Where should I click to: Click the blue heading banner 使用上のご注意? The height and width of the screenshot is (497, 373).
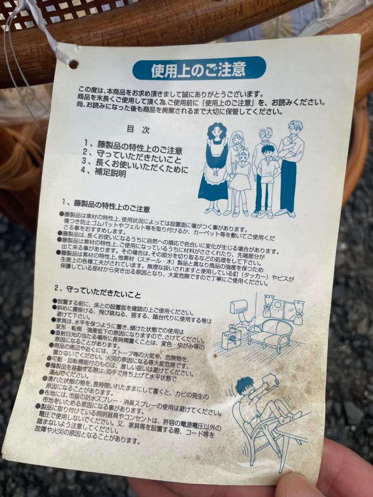pos(199,69)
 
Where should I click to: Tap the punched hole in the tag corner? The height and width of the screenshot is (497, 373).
pos(74,64)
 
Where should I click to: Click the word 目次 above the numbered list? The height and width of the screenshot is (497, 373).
pos(138,130)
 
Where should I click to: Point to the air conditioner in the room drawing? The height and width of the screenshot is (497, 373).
pos(239,306)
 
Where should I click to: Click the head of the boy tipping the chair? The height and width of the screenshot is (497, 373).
pos(245,386)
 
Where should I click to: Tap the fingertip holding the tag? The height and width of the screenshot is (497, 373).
pos(299,485)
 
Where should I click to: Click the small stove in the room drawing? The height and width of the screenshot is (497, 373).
pos(232,338)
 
